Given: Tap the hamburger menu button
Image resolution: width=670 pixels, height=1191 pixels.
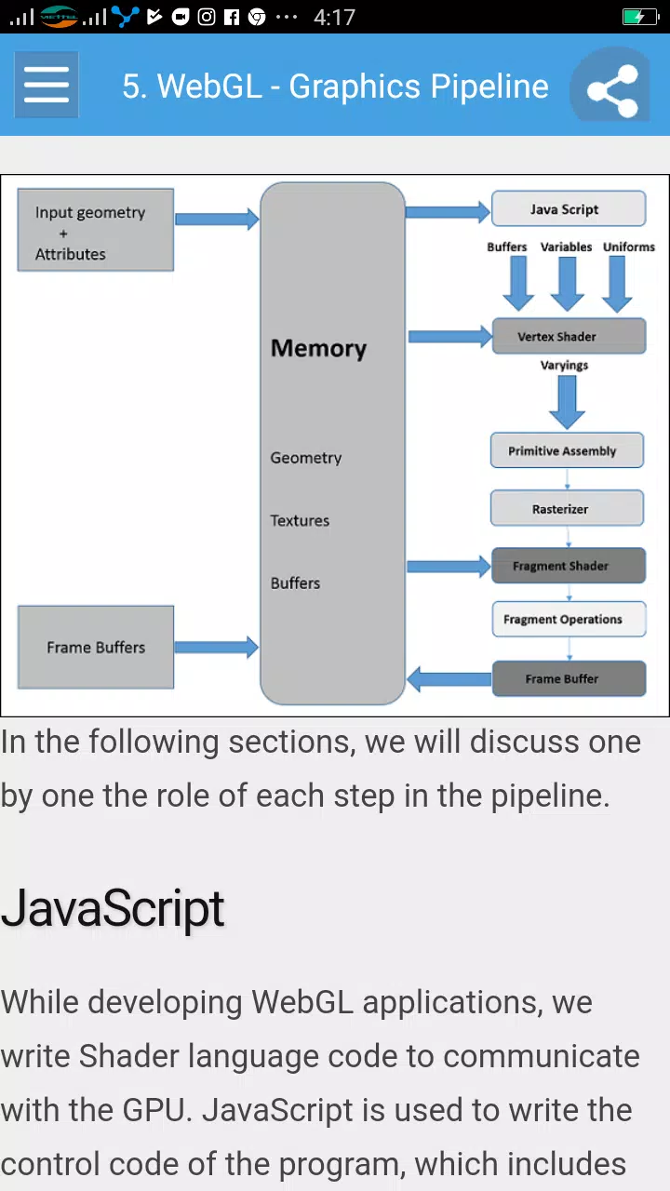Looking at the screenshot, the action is coord(47,85).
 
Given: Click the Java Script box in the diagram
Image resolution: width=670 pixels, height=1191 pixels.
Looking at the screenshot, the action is coord(569,209).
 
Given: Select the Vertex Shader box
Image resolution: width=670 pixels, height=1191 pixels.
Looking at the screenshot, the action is coord(569,336).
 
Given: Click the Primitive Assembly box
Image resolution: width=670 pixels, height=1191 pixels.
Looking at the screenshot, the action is coord(567,450).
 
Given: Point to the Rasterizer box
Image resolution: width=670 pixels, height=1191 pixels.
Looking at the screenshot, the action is coord(567,508).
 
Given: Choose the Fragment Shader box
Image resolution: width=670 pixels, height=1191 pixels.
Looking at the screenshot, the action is coord(569,566).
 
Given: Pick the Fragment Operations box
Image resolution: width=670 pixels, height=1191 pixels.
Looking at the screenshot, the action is coord(569,619).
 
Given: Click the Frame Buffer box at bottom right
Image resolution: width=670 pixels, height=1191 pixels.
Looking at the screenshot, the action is coord(569,678).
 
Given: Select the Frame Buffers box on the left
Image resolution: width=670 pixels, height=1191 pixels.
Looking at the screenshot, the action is coord(96,647).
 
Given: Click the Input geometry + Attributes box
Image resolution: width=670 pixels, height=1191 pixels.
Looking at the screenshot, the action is coord(96,230).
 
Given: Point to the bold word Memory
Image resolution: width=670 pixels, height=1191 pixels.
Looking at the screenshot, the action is coord(318,349).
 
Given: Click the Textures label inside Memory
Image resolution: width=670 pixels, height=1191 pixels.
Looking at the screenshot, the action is coord(300,520).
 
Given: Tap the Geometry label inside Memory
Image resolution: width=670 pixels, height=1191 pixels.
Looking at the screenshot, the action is coord(306,458).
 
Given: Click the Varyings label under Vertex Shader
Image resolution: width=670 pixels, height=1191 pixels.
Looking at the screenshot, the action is coord(564,366).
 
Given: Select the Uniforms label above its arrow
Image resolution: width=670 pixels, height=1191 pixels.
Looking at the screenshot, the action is coord(628,247).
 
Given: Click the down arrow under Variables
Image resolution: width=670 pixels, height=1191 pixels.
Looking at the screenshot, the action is coord(568,284).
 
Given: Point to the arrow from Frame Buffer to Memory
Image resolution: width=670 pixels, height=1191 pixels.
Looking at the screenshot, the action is coord(449,679).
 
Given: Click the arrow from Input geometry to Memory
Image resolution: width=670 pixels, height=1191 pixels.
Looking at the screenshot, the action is coord(217,219).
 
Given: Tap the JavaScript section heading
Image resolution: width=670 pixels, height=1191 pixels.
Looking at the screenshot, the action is coord(113,908).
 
